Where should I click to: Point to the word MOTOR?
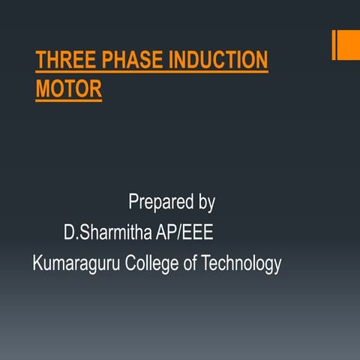(68, 89)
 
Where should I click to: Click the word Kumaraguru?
(76, 264)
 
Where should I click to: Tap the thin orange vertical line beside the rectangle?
(334, 45)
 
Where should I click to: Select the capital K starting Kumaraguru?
(37, 264)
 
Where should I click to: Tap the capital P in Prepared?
(133, 202)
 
